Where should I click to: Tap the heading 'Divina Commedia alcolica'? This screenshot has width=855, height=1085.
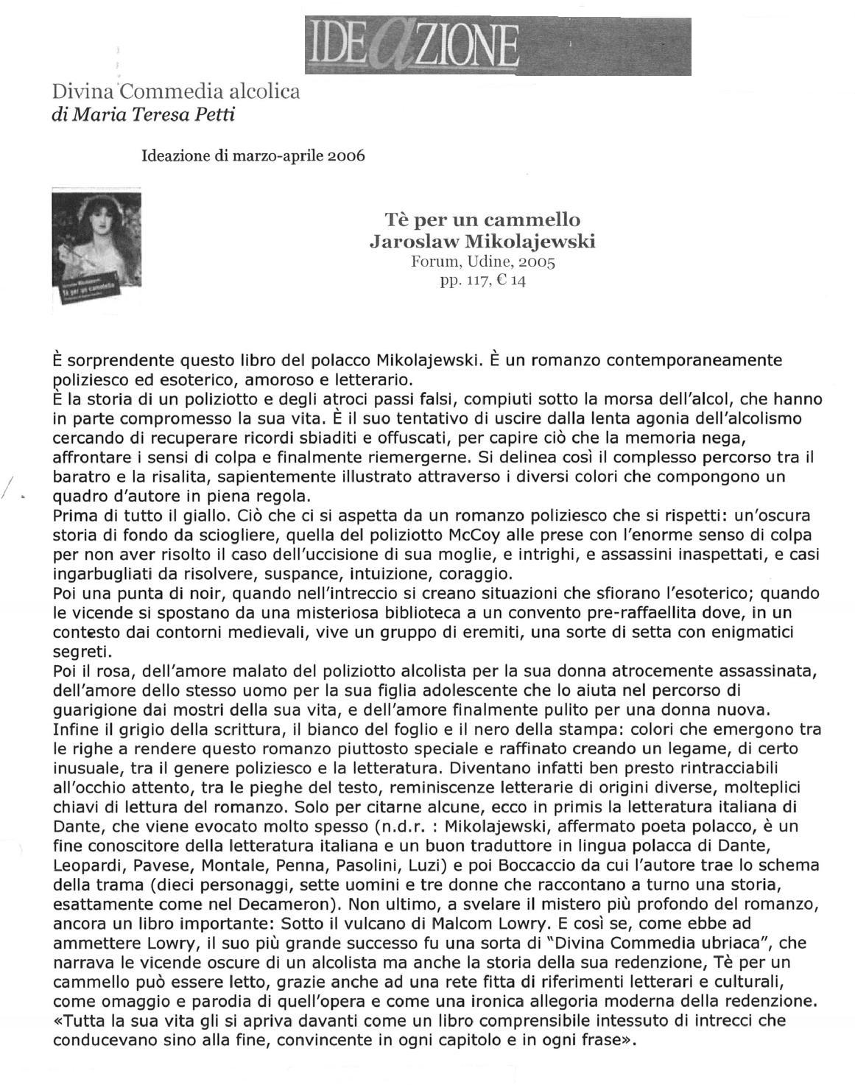click(176, 92)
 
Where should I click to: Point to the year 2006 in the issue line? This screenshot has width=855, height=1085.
click(346, 156)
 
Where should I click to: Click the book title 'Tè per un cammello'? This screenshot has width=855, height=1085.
click(482, 220)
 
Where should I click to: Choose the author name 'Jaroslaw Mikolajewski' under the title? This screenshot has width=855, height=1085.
click(482, 242)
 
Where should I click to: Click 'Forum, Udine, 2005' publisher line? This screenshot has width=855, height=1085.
click(482, 261)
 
